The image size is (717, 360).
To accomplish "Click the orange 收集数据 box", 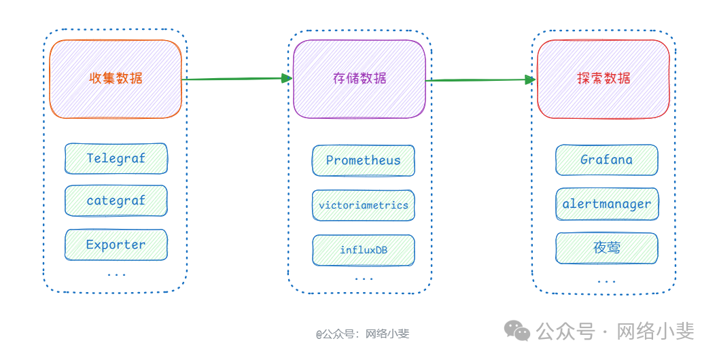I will click(x=116, y=79).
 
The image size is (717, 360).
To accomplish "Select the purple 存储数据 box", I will click(x=360, y=79).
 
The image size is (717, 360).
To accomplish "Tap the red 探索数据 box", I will click(x=603, y=79).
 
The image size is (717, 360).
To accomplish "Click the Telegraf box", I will click(x=116, y=159).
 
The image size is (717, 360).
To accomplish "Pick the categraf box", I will click(x=116, y=201).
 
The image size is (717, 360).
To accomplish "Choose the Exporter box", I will click(x=116, y=245).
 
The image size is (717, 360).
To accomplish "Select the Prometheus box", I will click(x=364, y=161).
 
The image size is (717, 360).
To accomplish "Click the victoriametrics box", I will click(x=364, y=205).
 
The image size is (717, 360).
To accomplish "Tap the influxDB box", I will click(x=364, y=250).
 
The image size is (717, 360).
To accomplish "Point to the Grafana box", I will click(x=607, y=160).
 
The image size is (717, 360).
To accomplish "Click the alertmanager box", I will click(x=607, y=204).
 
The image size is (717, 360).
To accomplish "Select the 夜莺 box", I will click(x=607, y=248).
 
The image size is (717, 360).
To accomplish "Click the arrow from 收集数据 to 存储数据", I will click(x=237, y=79).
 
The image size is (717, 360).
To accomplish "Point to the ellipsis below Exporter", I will click(x=116, y=275).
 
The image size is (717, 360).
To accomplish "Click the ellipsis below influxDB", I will click(x=364, y=279).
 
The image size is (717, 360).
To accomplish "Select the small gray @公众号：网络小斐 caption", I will click(x=362, y=334).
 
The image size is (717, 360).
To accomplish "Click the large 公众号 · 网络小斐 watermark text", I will click(x=615, y=331).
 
